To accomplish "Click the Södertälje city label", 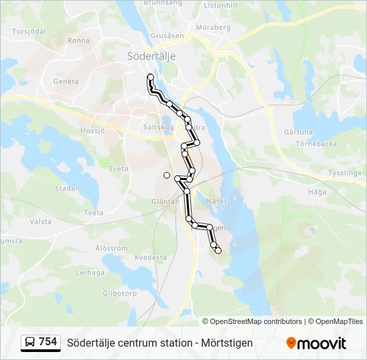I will tap(151, 57).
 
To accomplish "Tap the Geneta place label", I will tap(66, 82).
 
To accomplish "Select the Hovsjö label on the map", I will tap(93, 131).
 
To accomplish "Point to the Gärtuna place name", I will tap(298, 132).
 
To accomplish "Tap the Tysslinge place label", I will tap(344, 173).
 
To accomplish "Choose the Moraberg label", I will tap(213, 28).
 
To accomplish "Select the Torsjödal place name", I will tap(29, 31).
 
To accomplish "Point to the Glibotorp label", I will tap(119, 293).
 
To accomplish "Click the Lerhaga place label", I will tap(90, 273).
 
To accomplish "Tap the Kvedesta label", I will tap(150, 257).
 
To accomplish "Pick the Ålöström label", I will tap(111, 248).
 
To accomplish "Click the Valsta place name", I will tap(41, 221).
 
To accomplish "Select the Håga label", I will tap(318, 191).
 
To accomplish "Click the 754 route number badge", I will tap(47, 342).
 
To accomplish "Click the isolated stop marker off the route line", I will tap(166, 175).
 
